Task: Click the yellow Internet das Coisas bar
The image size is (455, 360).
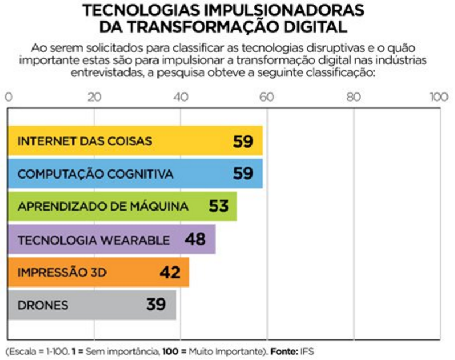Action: [x=135, y=141]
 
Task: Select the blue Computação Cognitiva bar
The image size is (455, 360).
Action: [x=135, y=173]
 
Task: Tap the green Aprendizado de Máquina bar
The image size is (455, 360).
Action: [x=122, y=206]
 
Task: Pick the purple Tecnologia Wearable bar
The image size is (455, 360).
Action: [x=111, y=239]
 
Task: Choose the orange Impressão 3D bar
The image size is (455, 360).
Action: [x=98, y=272]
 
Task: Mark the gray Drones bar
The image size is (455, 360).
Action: [x=92, y=305]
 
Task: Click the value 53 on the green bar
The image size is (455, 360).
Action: [x=218, y=207]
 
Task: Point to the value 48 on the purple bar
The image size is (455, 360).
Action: [x=195, y=240]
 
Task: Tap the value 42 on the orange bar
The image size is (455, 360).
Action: [x=170, y=273]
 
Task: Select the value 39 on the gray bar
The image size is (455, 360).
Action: [x=156, y=305]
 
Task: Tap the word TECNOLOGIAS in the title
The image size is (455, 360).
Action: [x=152, y=10]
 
